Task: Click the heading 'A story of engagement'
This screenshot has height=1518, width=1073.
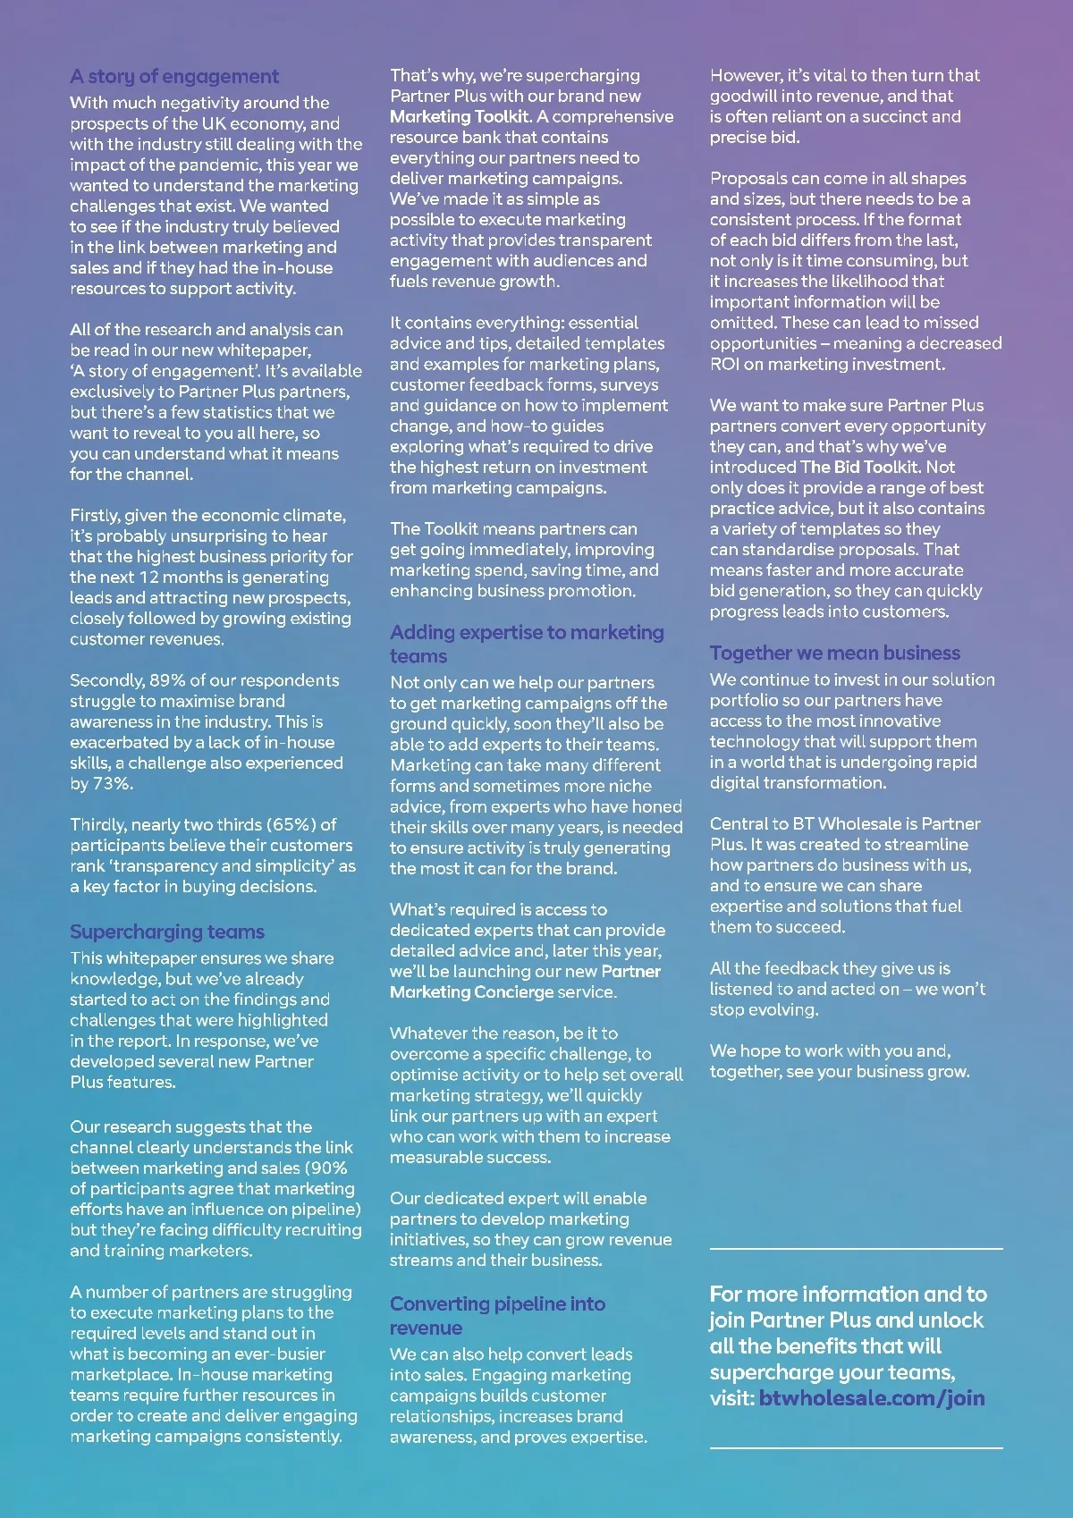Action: pyautogui.click(x=174, y=76)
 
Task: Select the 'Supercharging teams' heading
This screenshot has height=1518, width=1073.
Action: pyautogui.click(x=167, y=932)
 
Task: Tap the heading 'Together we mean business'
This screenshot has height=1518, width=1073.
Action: pyautogui.click(x=835, y=653)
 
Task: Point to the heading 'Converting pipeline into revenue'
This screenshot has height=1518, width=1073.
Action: pyautogui.click(x=497, y=1315)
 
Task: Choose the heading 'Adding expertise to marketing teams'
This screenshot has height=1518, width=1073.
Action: pyautogui.click(x=527, y=644)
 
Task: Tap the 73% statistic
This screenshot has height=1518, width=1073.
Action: pyautogui.click(x=113, y=783)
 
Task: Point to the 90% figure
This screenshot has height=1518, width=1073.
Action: pyautogui.click(x=327, y=1168)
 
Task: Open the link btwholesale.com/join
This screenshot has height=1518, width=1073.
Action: pyautogui.click(x=872, y=1397)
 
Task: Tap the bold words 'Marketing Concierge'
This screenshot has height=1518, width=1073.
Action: pyautogui.click(x=471, y=991)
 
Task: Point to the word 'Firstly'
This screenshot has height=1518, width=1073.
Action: pyautogui.click(x=94, y=515)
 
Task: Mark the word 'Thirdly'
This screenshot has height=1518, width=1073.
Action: pyautogui.click(x=97, y=824)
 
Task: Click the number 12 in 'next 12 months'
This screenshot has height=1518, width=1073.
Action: pyautogui.click(x=149, y=577)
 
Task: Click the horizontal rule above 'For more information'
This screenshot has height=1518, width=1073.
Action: pyautogui.click(x=856, y=1247)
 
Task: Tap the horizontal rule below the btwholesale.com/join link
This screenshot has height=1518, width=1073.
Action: pyautogui.click(x=856, y=1446)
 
